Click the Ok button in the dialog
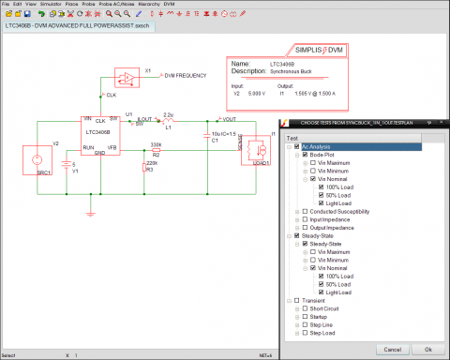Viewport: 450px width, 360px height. click(427, 348)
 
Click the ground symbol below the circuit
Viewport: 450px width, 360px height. click(88, 211)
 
